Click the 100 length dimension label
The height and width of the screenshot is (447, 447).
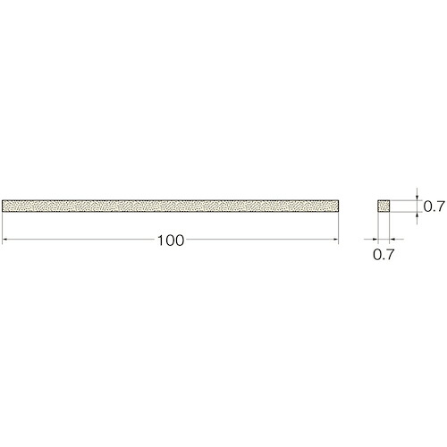(171, 240)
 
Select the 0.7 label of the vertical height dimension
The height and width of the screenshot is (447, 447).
(434, 207)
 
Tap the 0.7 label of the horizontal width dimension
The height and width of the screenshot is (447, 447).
(384, 254)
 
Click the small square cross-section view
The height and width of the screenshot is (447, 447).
(384, 206)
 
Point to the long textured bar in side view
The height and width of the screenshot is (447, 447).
(170, 206)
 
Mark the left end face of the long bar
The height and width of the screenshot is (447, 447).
(2, 206)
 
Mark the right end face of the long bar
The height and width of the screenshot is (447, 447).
(339, 206)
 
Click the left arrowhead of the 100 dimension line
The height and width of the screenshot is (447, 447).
(4, 239)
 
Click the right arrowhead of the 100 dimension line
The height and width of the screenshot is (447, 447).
(336, 239)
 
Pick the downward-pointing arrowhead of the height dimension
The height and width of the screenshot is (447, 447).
(417, 198)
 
